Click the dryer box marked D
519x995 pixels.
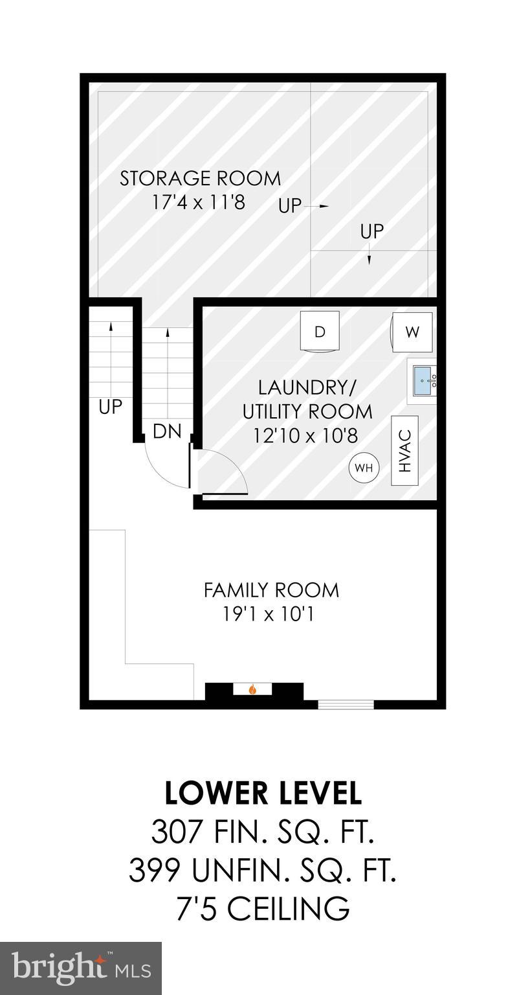click(320, 331)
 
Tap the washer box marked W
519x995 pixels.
click(412, 332)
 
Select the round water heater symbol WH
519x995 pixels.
click(364, 468)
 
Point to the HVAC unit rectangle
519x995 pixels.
click(405, 451)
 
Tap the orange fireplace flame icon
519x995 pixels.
click(253, 689)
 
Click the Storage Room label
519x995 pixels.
click(200, 178)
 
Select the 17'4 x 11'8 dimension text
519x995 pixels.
click(199, 202)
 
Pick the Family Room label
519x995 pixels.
click(271, 590)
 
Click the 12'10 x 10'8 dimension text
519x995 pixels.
click(306, 435)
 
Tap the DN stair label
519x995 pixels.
click(167, 432)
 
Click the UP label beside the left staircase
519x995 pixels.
click(110, 407)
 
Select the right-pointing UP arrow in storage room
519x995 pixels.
click(316, 206)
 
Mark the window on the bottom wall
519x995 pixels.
click(346, 704)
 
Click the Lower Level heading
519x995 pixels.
click(262, 793)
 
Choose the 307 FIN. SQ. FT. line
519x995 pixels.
click(262, 832)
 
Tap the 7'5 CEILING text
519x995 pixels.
click(262, 908)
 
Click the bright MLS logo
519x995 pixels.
click(80, 968)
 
